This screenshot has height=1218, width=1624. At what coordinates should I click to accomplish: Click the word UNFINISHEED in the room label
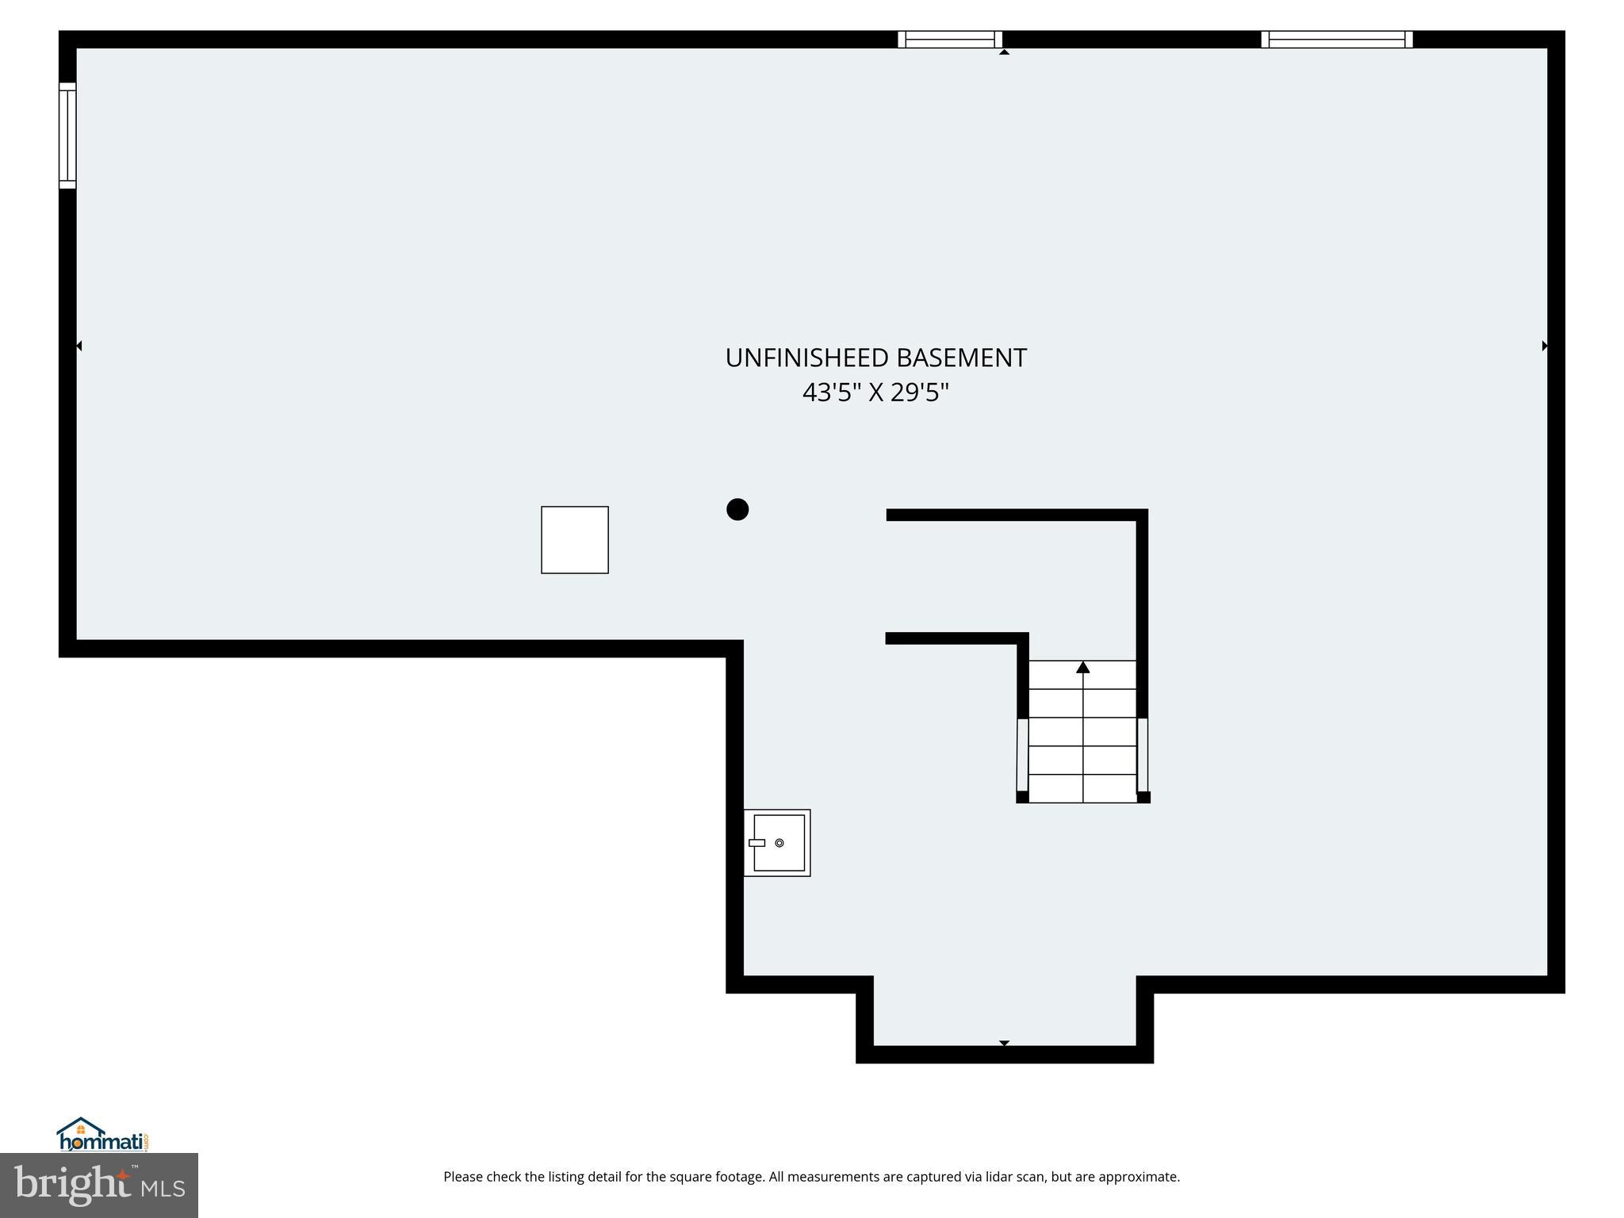click(807, 358)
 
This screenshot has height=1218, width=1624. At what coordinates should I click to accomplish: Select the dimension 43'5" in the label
click(832, 393)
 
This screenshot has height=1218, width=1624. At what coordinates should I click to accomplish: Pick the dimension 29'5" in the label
click(920, 393)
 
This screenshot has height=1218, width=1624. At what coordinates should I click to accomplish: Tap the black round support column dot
click(737, 509)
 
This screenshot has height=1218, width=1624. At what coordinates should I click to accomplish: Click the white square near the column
click(575, 540)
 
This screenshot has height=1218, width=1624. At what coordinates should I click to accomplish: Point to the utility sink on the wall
click(777, 843)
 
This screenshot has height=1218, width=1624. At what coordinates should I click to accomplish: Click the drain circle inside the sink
click(779, 843)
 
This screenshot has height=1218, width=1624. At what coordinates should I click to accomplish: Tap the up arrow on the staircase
click(1083, 668)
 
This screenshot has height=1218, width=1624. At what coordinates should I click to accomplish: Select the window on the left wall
click(67, 136)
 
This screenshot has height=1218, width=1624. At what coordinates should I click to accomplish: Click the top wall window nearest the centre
click(950, 40)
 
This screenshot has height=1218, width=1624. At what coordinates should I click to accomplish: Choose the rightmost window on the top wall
click(1337, 40)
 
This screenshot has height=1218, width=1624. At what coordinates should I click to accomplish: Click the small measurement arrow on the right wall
click(1544, 346)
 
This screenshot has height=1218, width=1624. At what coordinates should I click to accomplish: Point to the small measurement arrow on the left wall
click(79, 346)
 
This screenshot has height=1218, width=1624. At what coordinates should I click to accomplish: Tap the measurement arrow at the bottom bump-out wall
click(1004, 1043)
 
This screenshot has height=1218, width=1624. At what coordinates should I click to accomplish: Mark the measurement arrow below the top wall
click(1004, 52)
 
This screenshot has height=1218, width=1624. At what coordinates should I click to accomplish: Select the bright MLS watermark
click(99, 1185)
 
